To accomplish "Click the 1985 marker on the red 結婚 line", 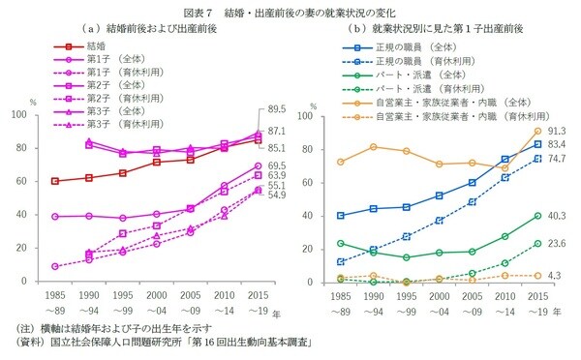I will click(x=54, y=181).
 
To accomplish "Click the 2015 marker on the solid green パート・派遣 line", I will click(x=536, y=216).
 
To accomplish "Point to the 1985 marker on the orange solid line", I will click(x=340, y=162).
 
